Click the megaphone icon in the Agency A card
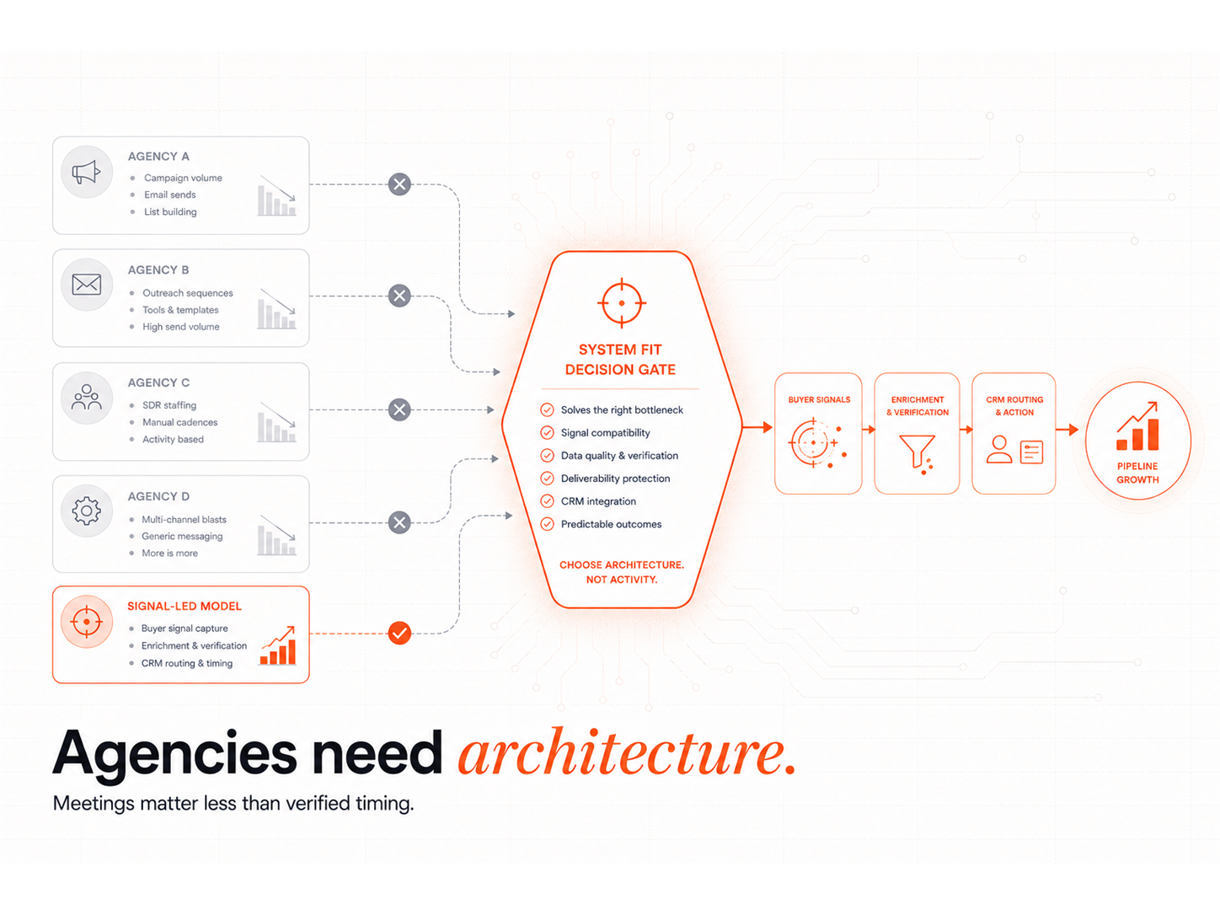[x=86, y=172]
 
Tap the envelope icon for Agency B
[x=86, y=285]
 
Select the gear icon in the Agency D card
[x=86, y=511]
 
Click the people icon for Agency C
[x=86, y=397]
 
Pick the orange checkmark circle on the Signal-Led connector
[x=399, y=633]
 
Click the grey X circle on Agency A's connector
[x=399, y=184]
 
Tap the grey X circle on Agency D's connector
[x=399, y=522]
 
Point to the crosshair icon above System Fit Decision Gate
[x=622, y=302]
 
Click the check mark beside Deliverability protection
[x=547, y=479]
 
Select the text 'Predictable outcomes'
[x=611, y=524]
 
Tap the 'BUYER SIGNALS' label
[x=819, y=399]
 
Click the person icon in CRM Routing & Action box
[x=998, y=449]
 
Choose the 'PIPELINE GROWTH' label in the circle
[x=1137, y=473]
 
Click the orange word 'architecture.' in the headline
[x=628, y=752]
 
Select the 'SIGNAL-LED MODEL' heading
[x=184, y=606]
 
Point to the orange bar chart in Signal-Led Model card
[x=278, y=645]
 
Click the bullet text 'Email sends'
[x=169, y=195]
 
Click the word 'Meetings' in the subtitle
[x=94, y=804]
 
